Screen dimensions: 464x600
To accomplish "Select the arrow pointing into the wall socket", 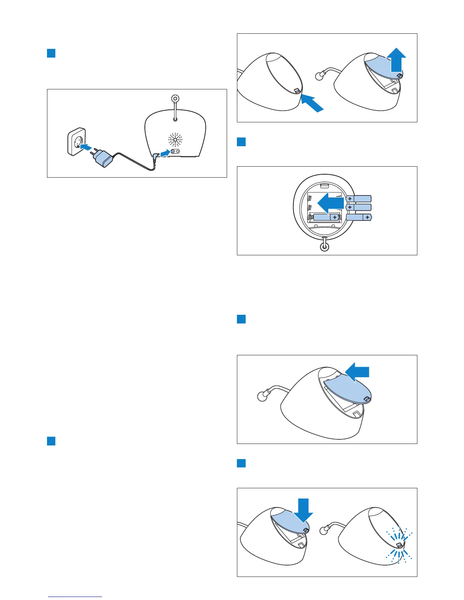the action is (x=87, y=147).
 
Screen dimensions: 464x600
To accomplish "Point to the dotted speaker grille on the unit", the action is (x=175, y=140).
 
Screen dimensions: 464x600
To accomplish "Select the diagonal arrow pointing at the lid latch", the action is (x=312, y=103).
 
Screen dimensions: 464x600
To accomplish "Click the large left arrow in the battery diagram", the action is (x=330, y=203).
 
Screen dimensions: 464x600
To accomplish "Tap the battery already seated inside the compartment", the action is (x=326, y=217).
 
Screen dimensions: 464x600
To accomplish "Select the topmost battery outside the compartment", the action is (x=359, y=198).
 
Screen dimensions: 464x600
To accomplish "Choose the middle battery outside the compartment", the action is (x=359, y=207).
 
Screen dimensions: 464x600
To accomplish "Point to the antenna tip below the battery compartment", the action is (x=324, y=246).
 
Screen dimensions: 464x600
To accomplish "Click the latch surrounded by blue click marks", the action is (x=399, y=545).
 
